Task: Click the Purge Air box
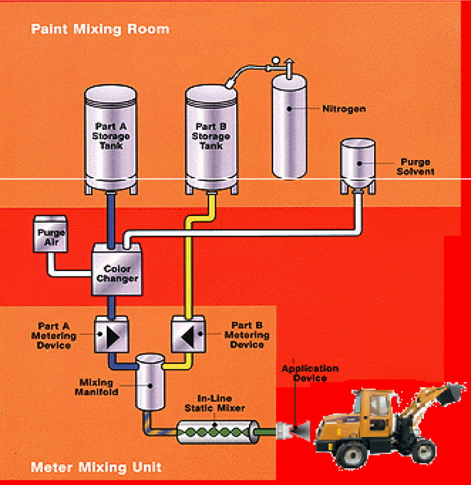[49, 234]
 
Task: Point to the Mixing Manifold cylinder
[150, 382]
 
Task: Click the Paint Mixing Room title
[100, 29]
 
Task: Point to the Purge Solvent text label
[417, 166]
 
